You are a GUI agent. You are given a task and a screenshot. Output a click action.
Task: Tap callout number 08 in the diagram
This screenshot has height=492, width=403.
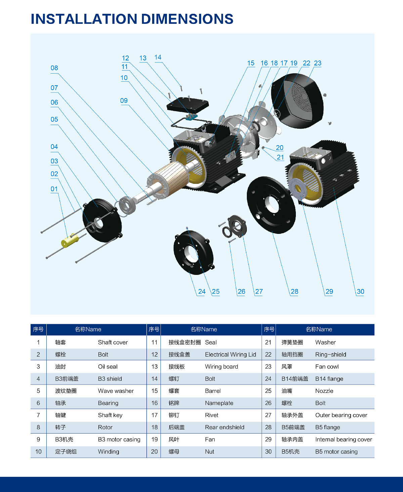tap(54, 68)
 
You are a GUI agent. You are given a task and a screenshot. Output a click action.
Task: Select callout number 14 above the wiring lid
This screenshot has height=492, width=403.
tap(158, 57)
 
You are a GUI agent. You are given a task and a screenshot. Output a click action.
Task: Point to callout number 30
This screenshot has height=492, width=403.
tap(360, 291)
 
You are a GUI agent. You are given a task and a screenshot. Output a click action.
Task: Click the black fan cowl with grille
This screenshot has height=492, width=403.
tap(297, 101)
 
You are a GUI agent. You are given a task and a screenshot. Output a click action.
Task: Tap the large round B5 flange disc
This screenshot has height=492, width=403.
tap(271, 204)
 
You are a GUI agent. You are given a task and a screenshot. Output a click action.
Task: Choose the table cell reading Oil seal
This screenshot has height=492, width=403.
tap(108, 367)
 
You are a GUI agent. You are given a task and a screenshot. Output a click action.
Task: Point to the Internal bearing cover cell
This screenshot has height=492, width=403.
tap(344, 439)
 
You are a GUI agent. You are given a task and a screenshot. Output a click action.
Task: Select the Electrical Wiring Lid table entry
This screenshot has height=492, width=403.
tap(230, 355)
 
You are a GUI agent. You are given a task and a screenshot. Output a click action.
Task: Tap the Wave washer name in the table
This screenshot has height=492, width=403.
tap(116, 391)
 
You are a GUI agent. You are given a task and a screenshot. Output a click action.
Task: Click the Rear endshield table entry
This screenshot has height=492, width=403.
tap(225, 427)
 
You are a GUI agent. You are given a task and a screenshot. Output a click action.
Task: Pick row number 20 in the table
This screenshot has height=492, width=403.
tap(154, 452)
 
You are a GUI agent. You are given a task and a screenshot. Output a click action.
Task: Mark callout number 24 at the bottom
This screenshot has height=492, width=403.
tap(202, 291)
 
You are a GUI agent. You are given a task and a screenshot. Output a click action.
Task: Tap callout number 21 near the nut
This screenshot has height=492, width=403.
tap(280, 157)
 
